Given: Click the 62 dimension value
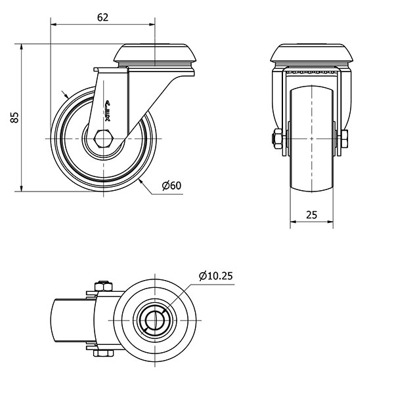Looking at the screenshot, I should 102,17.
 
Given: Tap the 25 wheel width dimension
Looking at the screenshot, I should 312,214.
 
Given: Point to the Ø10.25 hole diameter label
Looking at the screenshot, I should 215,275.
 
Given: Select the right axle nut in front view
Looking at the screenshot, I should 345,140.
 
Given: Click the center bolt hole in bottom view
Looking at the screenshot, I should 155,321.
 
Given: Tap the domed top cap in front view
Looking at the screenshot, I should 312,52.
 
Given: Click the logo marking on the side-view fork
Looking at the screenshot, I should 108,111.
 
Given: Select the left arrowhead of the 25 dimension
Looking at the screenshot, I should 292,223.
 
